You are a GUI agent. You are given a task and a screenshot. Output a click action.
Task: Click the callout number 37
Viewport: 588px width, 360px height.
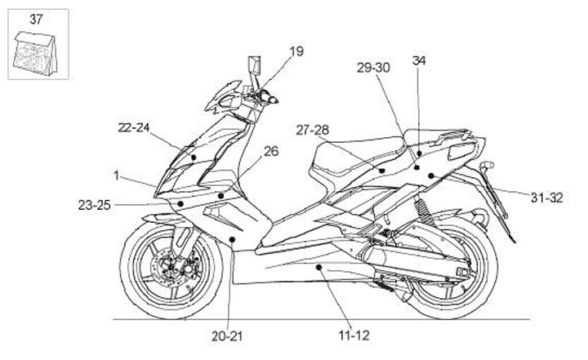click(37, 17)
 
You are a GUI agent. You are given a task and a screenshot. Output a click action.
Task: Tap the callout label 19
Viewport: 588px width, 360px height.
click(296, 51)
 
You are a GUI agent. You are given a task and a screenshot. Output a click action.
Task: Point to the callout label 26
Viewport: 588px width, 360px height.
click(271, 150)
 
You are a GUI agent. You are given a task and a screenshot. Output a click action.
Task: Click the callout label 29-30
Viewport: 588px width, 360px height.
click(373, 68)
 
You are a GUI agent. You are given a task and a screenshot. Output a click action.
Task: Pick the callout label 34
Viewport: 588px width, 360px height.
click(419, 60)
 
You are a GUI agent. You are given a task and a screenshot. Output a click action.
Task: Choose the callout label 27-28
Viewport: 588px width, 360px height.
click(312, 129)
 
